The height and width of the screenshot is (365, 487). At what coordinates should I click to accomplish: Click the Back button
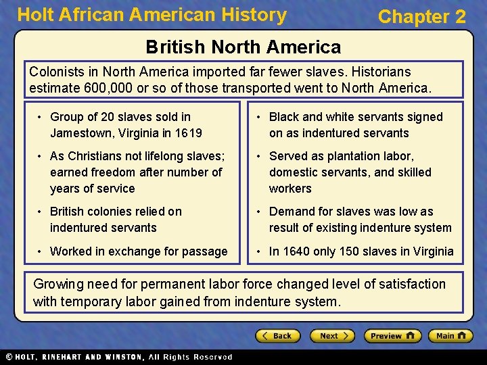(x=278, y=336)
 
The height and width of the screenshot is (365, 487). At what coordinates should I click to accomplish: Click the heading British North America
(x=243, y=47)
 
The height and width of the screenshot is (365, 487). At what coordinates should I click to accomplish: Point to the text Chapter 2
(x=422, y=17)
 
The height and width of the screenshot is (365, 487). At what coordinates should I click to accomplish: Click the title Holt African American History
(x=152, y=15)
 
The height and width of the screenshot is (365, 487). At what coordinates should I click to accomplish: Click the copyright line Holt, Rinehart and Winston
(x=118, y=357)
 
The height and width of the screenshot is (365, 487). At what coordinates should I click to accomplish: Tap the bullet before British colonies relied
(x=41, y=212)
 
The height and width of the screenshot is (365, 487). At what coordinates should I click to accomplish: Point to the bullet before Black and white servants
(x=260, y=118)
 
